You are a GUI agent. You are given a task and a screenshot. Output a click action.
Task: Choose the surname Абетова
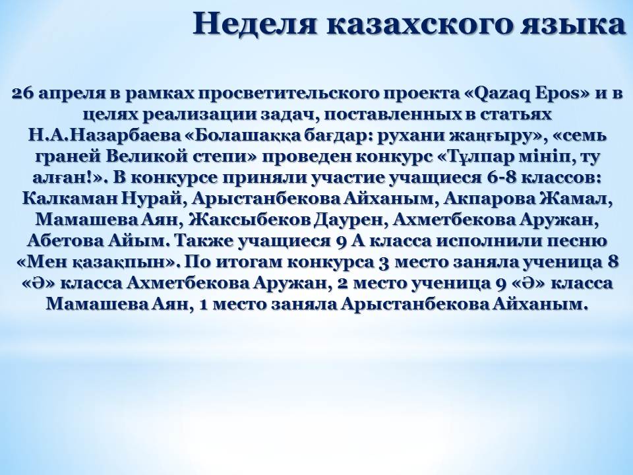65,241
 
